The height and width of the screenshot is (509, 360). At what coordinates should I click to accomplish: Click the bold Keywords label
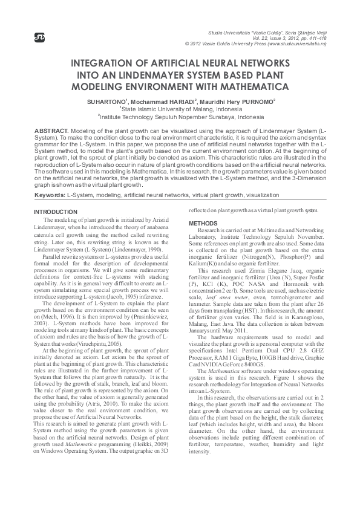tap(49, 196)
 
